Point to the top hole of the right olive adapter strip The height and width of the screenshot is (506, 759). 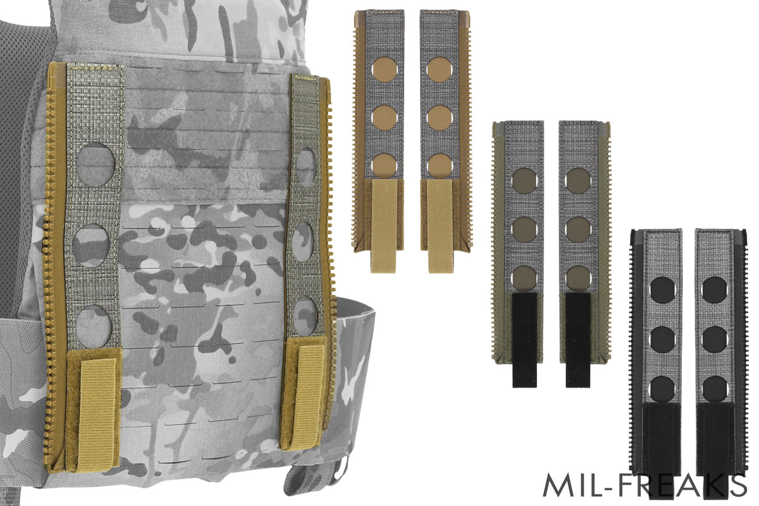577,180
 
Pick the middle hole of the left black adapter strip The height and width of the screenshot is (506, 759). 662,338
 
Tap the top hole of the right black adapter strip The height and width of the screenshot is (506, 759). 715,288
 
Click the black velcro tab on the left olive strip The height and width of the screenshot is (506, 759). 524,338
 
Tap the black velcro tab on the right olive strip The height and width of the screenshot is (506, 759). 577,338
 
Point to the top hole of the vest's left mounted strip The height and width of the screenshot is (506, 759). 96,162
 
